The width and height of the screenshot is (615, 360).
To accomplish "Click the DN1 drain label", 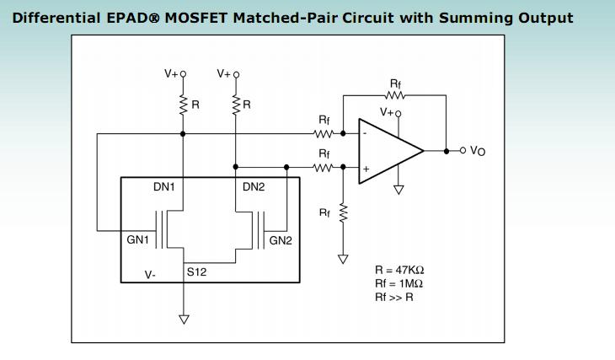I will (163, 187).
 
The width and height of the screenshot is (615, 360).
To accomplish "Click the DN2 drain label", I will (254, 187).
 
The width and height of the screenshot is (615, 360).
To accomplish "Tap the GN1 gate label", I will (138, 239).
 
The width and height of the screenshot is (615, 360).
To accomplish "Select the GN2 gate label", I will (281, 240).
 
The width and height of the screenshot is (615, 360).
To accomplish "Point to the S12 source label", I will (196, 272).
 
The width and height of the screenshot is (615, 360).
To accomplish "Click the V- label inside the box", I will (150, 274).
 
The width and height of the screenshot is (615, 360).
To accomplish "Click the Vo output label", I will (478, 151).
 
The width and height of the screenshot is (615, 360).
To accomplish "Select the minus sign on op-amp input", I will (365, 133).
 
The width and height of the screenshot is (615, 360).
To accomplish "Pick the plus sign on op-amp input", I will (366, 169).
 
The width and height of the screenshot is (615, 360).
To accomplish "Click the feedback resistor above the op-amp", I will (395, 94).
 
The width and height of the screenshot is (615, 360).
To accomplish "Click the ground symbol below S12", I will (184, 319).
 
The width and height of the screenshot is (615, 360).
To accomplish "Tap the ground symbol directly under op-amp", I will (399, 190).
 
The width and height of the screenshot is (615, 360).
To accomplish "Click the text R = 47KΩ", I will (399, 270).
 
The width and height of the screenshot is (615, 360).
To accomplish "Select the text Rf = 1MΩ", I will (399, 283).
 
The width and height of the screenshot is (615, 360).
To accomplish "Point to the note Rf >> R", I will (394, 297).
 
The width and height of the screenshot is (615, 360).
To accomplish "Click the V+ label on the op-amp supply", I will (388, 111).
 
